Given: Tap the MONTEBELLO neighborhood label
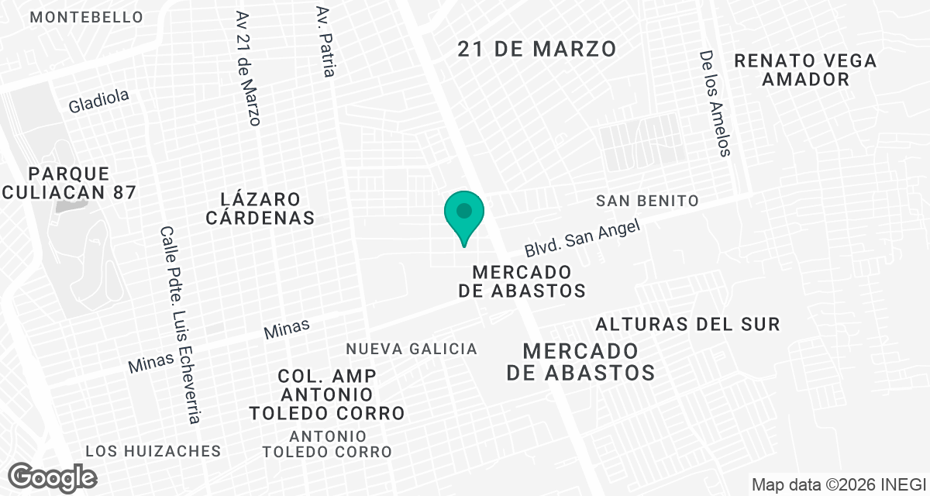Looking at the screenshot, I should [x=86, y=17].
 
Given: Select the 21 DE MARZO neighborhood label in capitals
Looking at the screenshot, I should [x=537, y=50].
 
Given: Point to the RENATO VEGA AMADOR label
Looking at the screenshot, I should [x=806, y=70].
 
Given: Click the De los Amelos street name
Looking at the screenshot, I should [x=715, y=104].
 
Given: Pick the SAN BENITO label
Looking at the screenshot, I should [x=647, y=201].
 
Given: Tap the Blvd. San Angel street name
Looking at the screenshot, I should [x=582, y=238].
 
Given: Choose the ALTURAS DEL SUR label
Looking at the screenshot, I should [x=687, y=324].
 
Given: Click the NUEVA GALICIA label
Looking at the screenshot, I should [x=412, y=350].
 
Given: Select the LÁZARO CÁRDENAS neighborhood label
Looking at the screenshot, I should [x=260, y=208].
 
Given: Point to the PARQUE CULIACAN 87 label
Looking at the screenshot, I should [x=69, y=183].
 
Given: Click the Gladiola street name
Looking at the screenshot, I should [x=98, y=101].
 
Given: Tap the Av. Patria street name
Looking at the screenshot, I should [x=326, y=42].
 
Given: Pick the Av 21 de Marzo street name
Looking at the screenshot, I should [x=249, y=68].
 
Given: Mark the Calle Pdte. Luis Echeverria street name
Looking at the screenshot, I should [x=180, y=325].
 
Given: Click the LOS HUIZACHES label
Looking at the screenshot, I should [x=153, y=451].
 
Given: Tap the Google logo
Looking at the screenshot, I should [x=52, y=477].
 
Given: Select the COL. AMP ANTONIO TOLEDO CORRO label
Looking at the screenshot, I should [x=327, y=394].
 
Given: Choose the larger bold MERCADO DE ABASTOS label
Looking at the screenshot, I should [x=580, y=361].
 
